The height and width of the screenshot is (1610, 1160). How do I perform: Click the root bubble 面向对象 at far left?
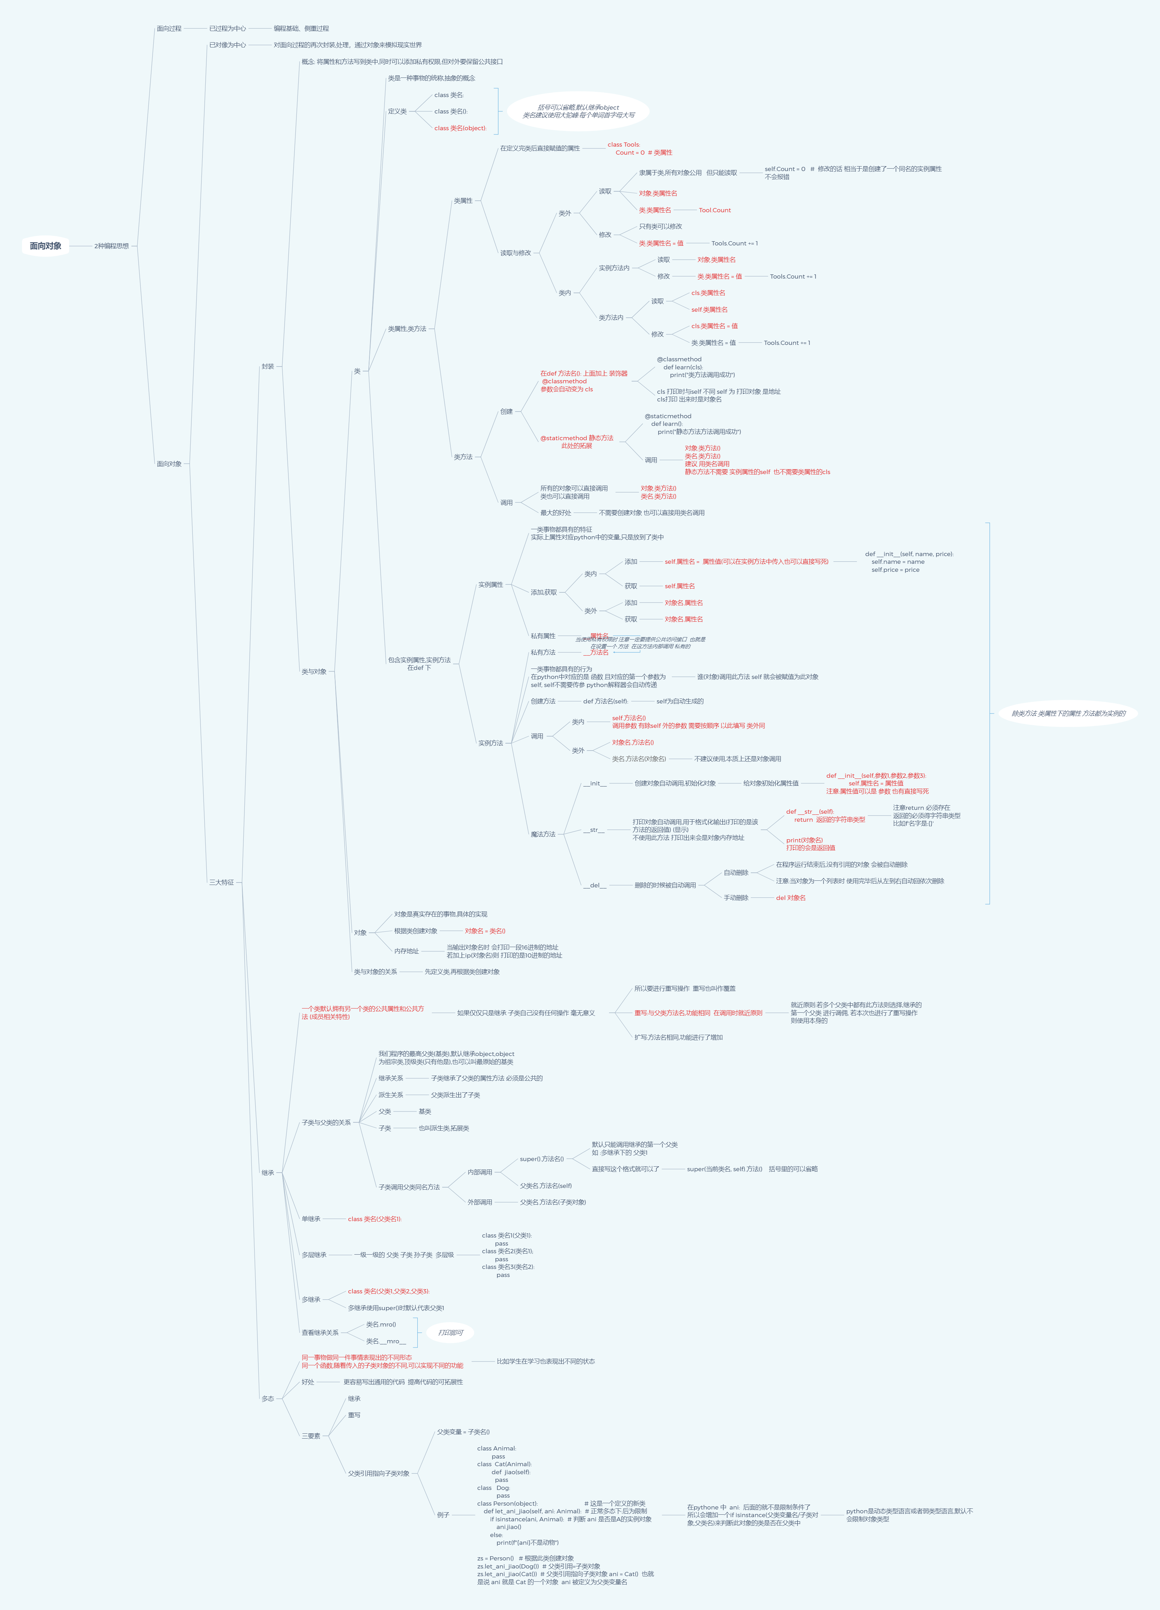coord(45,246)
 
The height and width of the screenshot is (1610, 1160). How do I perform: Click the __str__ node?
coord(594,830)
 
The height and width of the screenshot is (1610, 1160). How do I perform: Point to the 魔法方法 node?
coord(543,834)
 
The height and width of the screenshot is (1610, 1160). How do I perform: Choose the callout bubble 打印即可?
coord(450,1332)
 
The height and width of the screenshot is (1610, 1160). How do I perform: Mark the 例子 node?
coord(443,1515)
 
